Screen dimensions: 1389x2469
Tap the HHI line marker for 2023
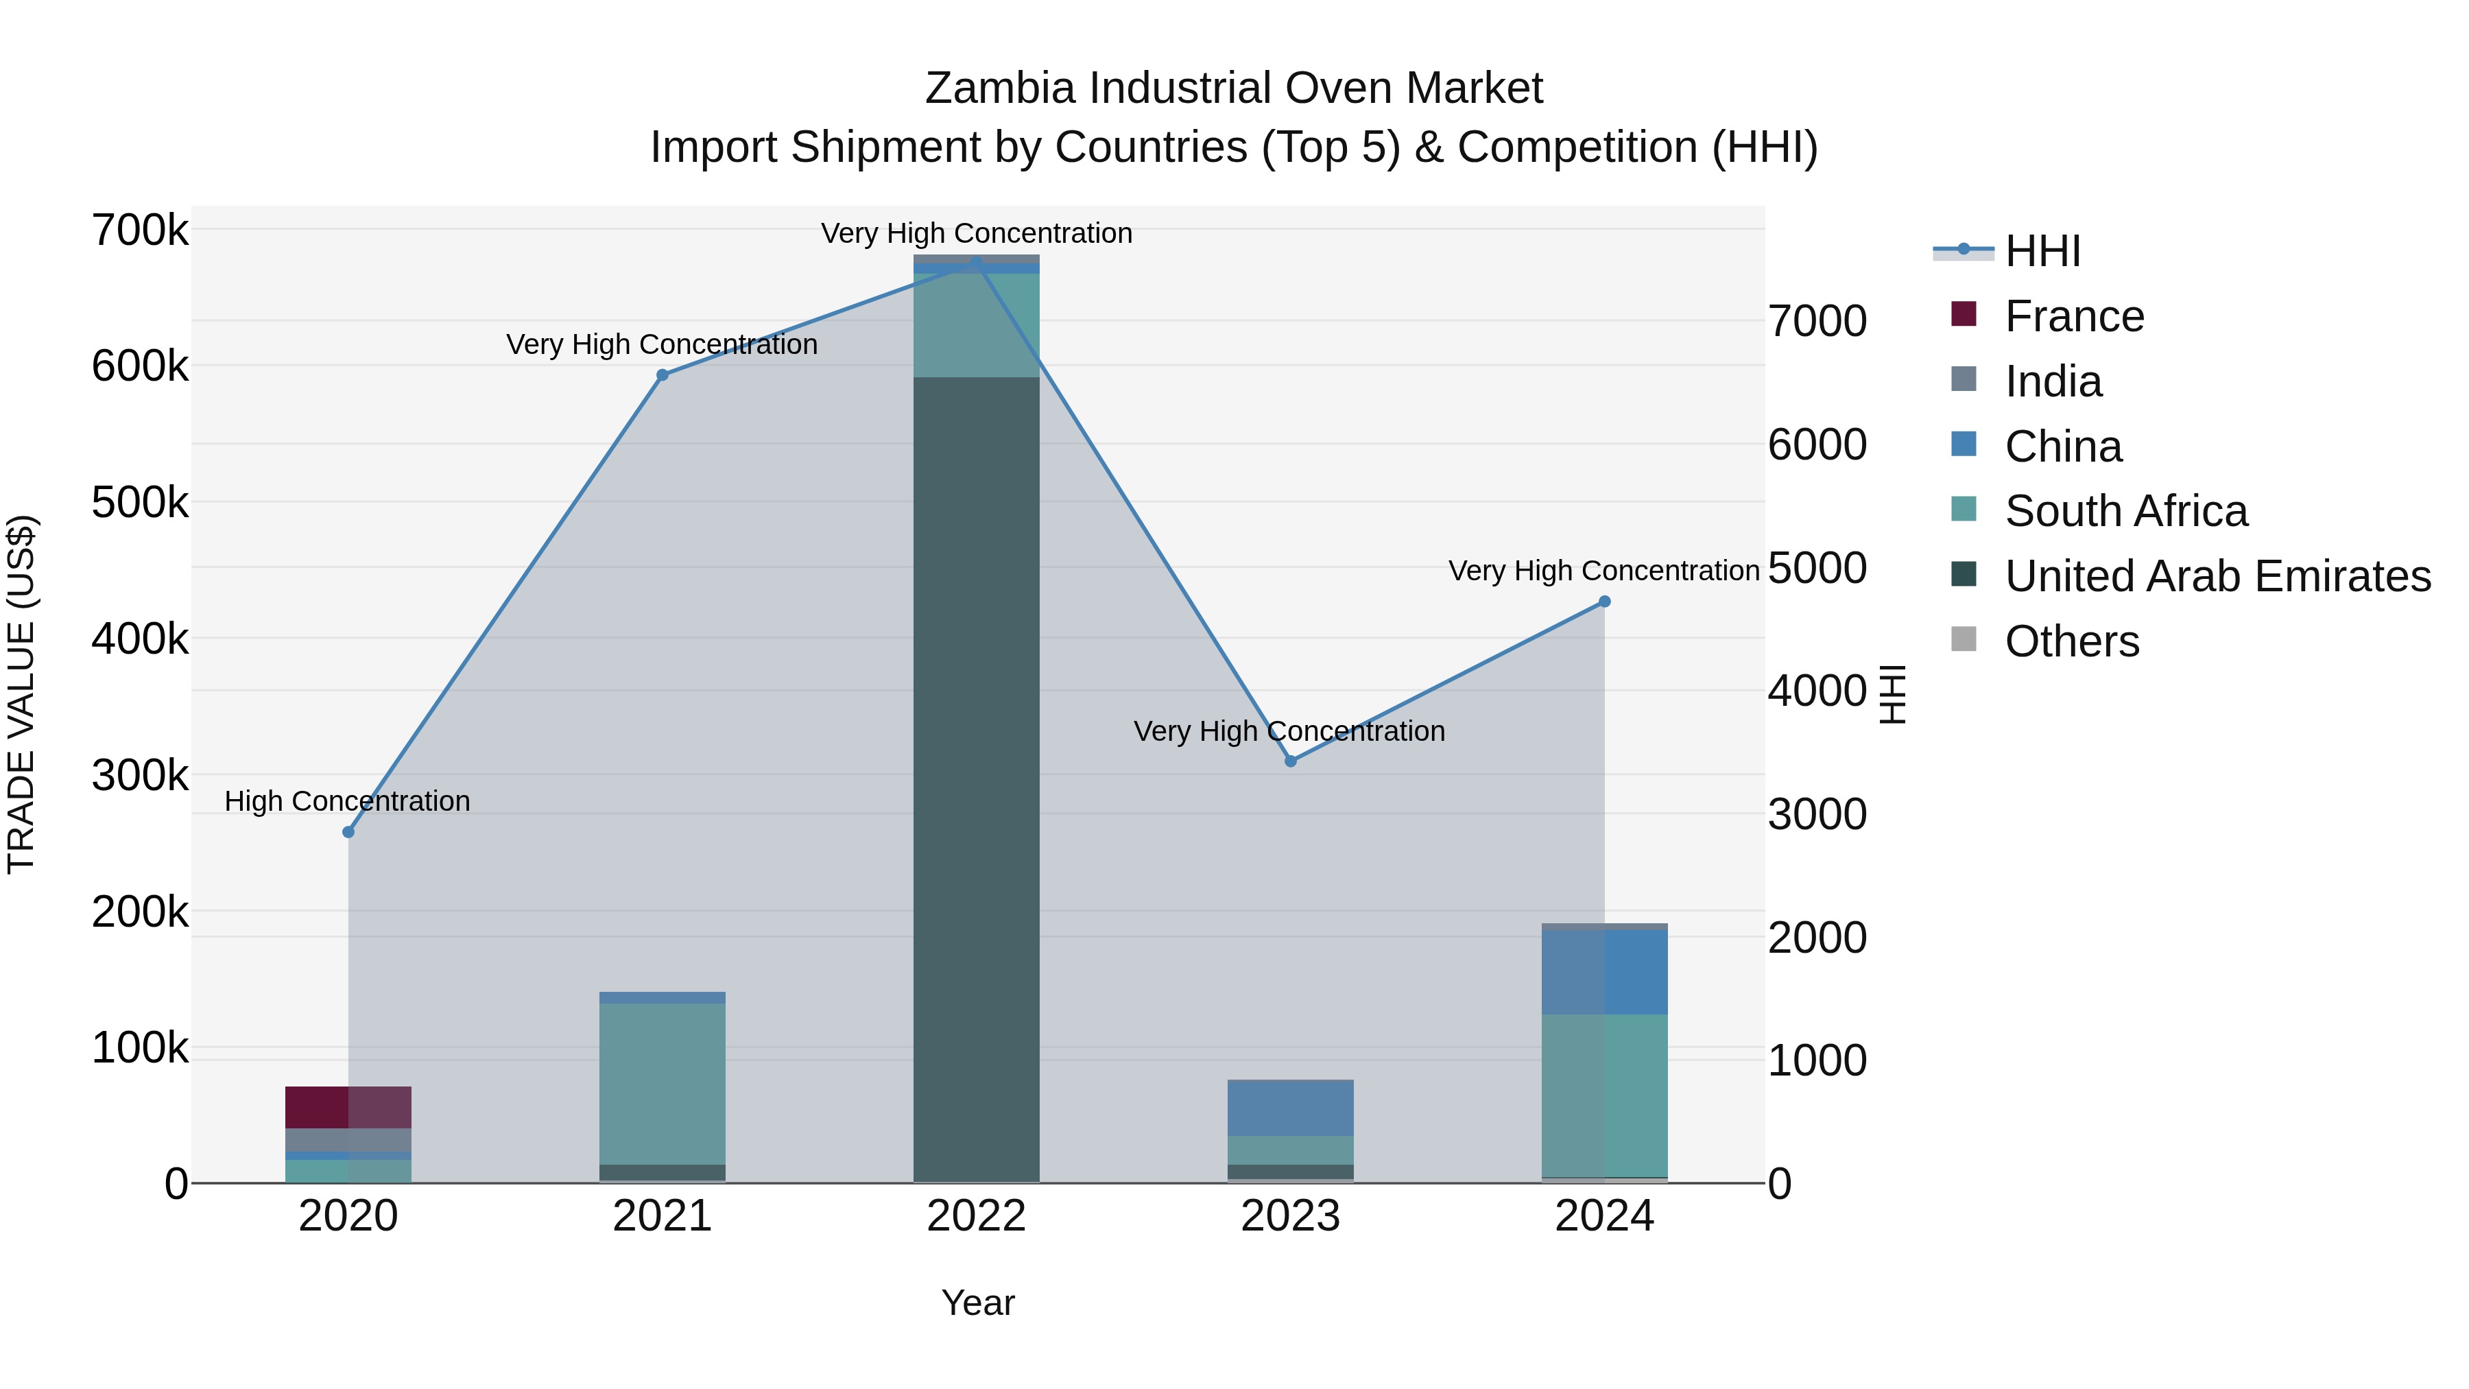[x=1290, y=761]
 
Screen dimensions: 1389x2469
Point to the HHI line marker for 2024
[x=1604, y=602]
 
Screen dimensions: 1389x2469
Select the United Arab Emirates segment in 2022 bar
[x=976, y=779]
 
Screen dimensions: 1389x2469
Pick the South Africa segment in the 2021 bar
[x=663, y=1083]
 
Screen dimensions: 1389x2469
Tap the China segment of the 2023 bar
[x=1290, y=1108]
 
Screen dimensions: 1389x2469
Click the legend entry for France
[x=2073, y=316]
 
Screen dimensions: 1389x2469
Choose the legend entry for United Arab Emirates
[x=2217, y=576]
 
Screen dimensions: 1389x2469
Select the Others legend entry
[x=2071, y=641]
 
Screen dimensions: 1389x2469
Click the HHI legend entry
[x=2042, y=251]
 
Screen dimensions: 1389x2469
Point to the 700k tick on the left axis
[x=140, y=231]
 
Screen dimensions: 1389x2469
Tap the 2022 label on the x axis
[x=976, y=1216]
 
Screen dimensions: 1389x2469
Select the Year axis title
[x=977, y=1303]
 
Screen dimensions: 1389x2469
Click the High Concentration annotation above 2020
[x=347, y=801]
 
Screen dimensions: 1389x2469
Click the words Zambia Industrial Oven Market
[x=1234, y=88]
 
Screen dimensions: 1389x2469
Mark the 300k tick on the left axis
[x=140, y=776]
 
